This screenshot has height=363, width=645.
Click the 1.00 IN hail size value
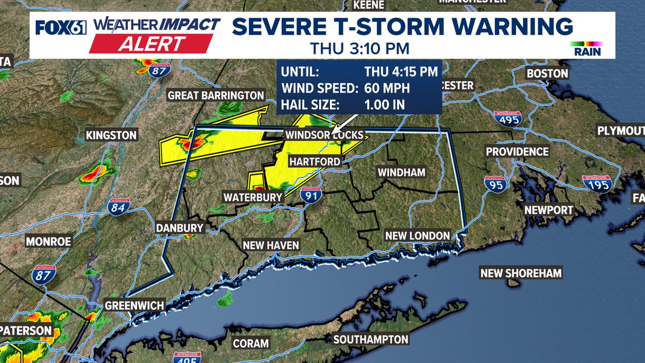pyautogui.click(x=384, y=105)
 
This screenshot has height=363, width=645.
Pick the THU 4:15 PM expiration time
pyautogui.click(x=401, y=71)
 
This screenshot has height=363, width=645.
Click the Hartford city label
pyautogui.click(x=314, y=161)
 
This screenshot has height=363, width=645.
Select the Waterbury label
pyautogui.click(x=253, y=197)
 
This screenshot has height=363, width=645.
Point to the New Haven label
pyautogui.click(x=270, y=245)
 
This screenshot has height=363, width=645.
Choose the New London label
pyautogui.click(x=417, y=236)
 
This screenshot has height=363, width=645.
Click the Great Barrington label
pyautogui.click(x=216, y=95)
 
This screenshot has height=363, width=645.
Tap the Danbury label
pyautogui.click(x=180, y=228)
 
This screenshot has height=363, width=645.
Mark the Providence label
pyautogui.click(x=517, y=152)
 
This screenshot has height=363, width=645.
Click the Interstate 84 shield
pyautogui.click(x=118, y=207)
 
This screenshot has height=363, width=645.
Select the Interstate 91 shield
pyautogui.click(x=311, y=196)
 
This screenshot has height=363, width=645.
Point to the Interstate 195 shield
pyautogui.click(x=597, y=184)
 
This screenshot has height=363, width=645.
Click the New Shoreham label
pyautogui.click(x=521, y=273)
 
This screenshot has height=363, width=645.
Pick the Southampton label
pyautogui.click(x=371, y=339)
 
